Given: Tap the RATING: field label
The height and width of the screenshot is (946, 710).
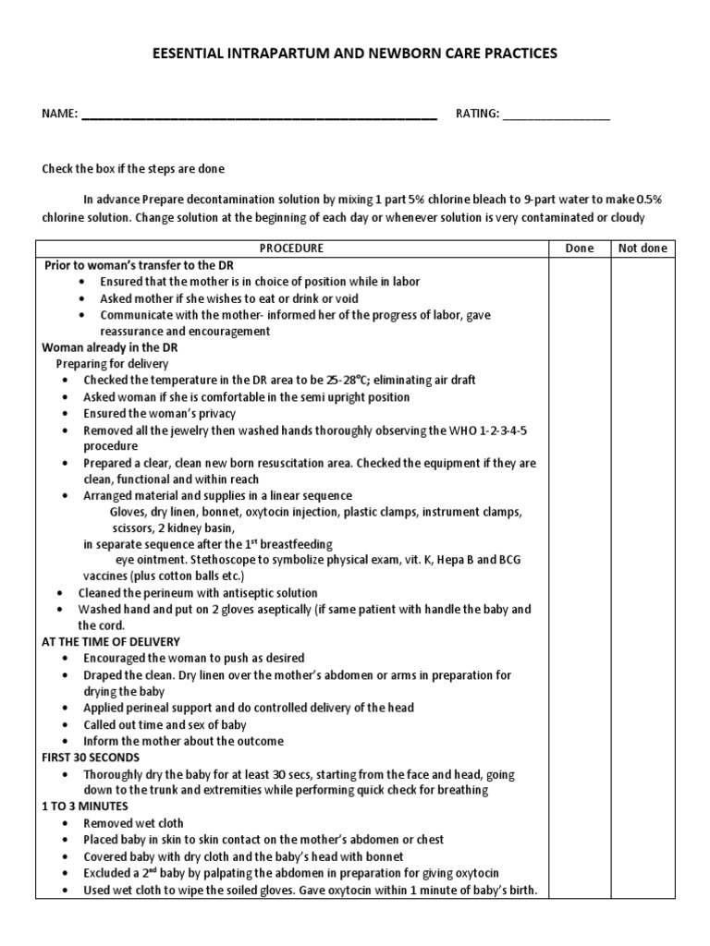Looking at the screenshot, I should (477, 114).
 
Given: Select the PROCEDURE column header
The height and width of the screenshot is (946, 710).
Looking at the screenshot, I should (291, 249).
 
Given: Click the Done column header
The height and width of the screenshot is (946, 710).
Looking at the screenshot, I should (579, 249).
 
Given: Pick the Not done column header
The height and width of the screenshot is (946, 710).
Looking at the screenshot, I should (642, 249).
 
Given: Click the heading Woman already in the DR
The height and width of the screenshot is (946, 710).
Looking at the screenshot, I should (110, 347).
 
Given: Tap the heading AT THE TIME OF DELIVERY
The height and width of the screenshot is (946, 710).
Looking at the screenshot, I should (111, 641).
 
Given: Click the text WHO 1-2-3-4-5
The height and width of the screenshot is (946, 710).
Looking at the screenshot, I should (487, 431).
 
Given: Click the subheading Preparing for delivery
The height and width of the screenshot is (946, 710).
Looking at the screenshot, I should (113, 364).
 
